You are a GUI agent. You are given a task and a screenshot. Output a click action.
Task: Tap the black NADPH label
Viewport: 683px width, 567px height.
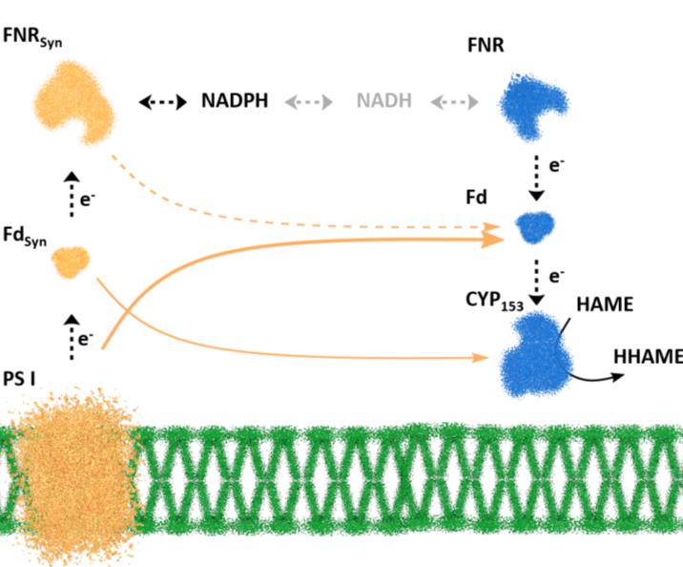click(x=235, y=101)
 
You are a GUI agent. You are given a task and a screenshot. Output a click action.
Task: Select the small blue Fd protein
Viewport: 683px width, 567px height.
click(x=535, y=227)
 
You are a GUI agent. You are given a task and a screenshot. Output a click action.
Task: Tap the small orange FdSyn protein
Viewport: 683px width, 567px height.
click(x=72, y=259)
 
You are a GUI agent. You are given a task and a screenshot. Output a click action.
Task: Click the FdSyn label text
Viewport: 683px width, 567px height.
click(x=24, y=234)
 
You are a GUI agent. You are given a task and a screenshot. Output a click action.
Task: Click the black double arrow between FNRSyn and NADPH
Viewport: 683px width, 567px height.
click(x=162, y=101)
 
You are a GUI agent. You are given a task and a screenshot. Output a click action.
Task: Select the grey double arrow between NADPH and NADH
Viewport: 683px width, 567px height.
click(x=306, y=101)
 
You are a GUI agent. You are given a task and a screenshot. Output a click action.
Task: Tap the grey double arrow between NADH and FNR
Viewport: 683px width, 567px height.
click(x=453, y=101)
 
